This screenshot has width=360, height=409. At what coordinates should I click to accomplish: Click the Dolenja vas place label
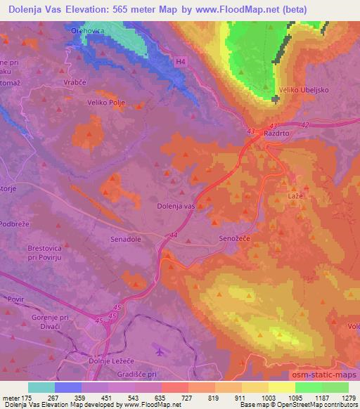pos(175,206)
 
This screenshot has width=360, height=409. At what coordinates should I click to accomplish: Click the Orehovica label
pos(87,32)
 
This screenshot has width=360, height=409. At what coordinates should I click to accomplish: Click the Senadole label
pos(126,239)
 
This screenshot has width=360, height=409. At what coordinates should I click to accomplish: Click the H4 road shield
pos(181,62)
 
